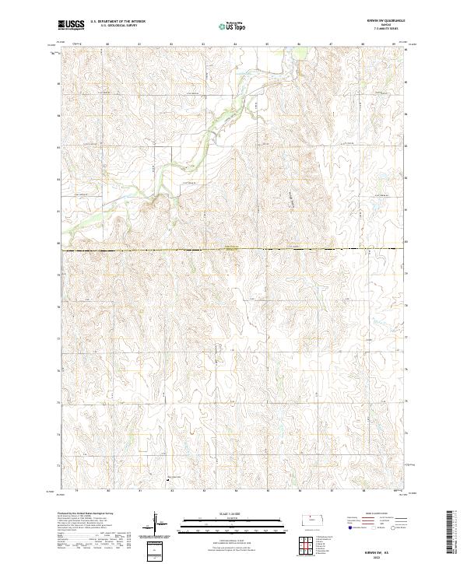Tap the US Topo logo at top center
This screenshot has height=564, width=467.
(x=233, y=26)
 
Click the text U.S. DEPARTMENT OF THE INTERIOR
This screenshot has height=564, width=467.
(x=118, y=22)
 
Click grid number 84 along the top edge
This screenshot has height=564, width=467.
(x=236, y=44)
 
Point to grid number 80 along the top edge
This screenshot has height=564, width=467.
(x=107, y=44)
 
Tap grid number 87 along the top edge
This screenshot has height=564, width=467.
(x=332, y=44)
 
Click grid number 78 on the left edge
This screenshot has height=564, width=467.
(x=59, y=307)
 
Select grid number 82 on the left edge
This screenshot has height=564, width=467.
(x=59, y=178)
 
